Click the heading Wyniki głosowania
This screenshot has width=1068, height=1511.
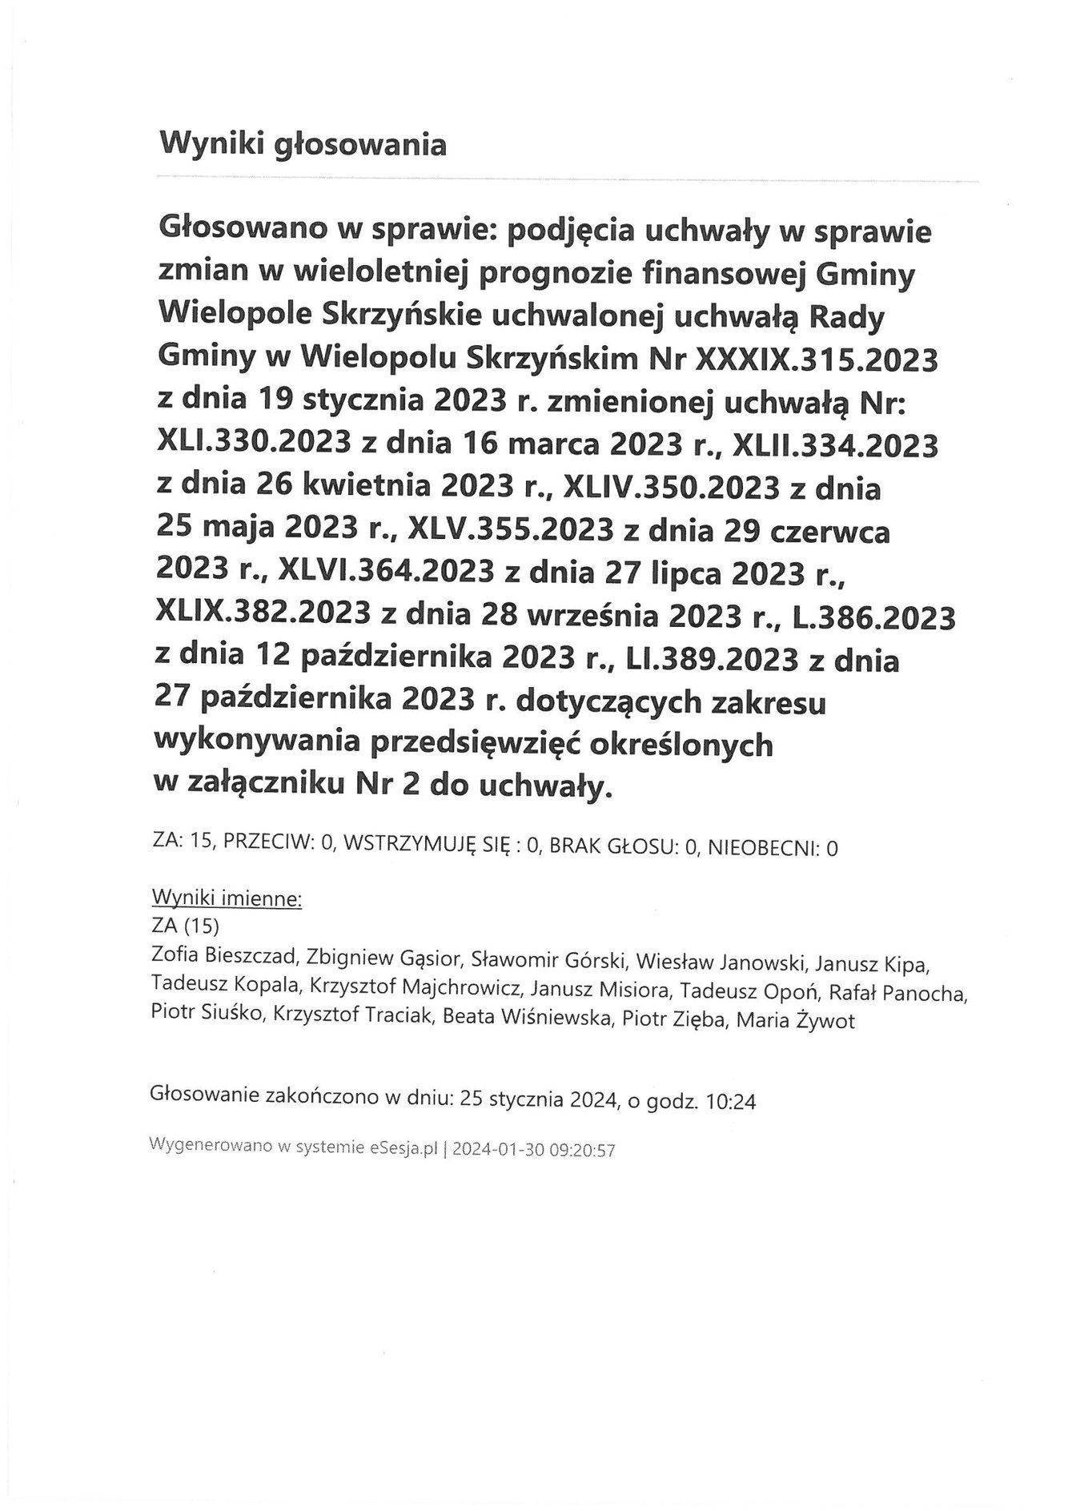coord(303,145)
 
